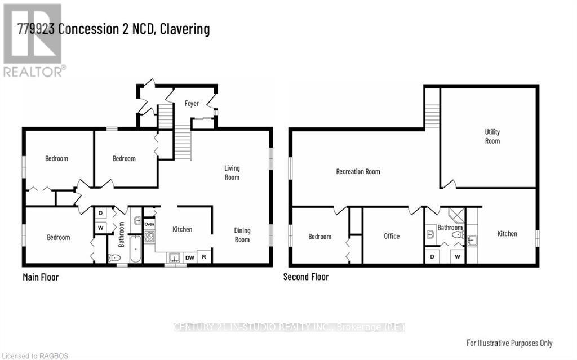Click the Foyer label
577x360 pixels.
(192, 104)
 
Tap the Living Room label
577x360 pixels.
(232, 172)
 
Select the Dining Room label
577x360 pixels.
(242, 235)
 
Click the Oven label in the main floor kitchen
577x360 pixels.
(149, 224)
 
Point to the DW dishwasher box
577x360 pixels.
(190, 257)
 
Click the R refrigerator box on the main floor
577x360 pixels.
(204, 257)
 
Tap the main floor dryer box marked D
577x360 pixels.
(100, 213)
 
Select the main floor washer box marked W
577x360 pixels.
(100, 228)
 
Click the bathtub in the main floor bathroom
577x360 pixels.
(135, 249)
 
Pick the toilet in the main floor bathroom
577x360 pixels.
(114, 257)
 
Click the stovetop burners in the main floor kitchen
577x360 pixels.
(149, 236)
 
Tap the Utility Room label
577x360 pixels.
(492, 136)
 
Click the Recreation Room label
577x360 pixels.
(358, 171)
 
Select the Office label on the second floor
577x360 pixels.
(392, 236)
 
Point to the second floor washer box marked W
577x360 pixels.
(458, 256)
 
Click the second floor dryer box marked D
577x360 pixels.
(432, 256)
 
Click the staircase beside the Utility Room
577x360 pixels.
(432, 116)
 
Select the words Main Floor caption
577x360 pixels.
(41, 277)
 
